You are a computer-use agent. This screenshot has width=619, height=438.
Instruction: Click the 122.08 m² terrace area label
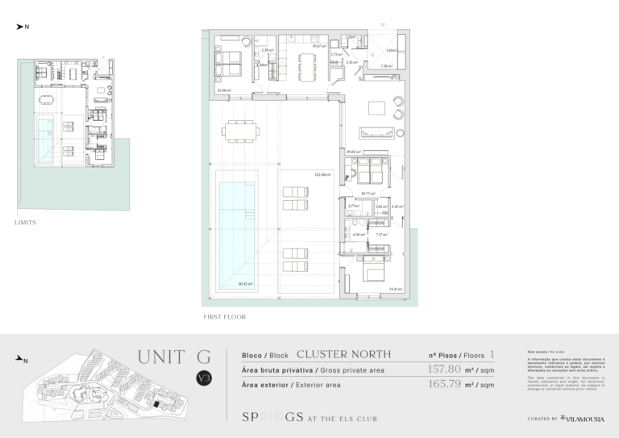click(323, 174)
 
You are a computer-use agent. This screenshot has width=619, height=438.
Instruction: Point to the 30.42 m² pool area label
click(245, 283)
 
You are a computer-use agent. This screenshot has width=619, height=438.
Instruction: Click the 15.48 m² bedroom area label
click(223, 90)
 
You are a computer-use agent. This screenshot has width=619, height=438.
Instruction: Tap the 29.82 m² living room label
click(352, 152)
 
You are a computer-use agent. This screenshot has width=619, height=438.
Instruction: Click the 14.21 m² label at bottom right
click(396, 289)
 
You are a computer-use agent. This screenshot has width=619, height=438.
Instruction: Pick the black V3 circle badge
click(206, 378)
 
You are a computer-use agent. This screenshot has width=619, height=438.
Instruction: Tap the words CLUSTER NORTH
click(343, 354)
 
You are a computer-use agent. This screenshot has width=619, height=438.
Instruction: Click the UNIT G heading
click(174, 357)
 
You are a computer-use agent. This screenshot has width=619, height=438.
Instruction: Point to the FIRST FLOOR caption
click(224, 317)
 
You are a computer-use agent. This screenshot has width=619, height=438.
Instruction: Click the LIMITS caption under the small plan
click(25, 222)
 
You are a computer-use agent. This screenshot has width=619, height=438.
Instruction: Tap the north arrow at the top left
click(23, 27)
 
